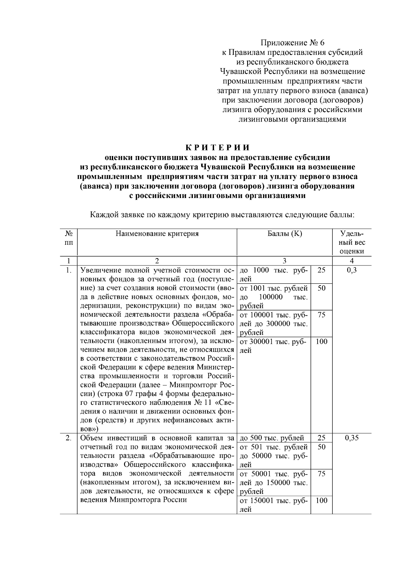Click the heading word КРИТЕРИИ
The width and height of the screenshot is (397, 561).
[217, 147]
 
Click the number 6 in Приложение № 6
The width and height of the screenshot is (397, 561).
[323, 43]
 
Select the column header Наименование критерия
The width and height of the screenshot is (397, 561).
[157, 234]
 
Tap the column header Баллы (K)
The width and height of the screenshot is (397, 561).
[285, 234]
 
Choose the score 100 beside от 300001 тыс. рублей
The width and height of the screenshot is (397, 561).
[321, 341]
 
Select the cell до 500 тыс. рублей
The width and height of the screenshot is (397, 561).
[272, 438]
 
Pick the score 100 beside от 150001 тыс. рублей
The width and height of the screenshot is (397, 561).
[321, 501]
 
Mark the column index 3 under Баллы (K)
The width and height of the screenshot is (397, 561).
[285, 261]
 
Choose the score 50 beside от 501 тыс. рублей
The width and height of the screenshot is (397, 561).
[321, 447]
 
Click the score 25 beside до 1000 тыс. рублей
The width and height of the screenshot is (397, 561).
[321, 270]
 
